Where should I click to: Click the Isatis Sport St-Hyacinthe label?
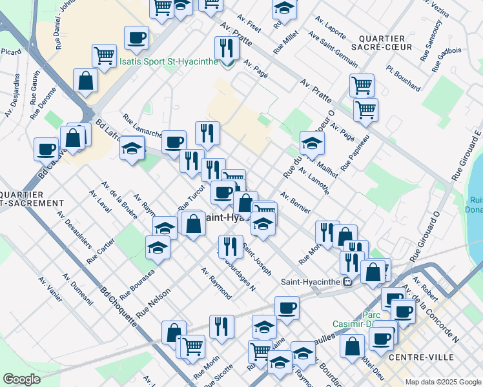(x=170, y=63)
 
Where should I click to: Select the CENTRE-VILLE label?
(x=426, y=357)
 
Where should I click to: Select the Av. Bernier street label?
(x=295, y=202)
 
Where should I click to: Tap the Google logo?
(x=22, y=379)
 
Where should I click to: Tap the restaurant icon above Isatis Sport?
(x=226, y=48)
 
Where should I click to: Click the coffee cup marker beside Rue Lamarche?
(x=174, y=142)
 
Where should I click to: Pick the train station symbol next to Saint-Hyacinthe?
(x=347, y=281)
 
